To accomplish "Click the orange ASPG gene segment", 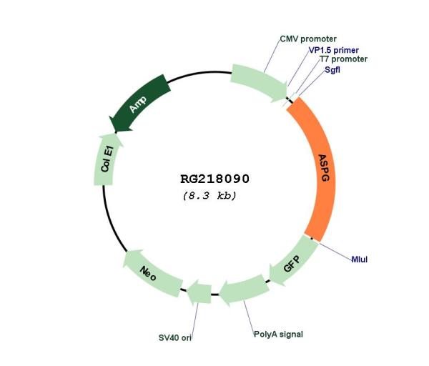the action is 322,167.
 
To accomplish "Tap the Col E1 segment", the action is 107,160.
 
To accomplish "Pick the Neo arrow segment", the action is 151,272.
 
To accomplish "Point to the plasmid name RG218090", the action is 214,179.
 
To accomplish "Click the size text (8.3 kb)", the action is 209,196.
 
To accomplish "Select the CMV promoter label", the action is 308,39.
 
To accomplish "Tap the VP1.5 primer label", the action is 333,50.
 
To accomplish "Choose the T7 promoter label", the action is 343,59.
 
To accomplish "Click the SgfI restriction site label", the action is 332,70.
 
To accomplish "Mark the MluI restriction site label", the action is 359,259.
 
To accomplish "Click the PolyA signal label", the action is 278,335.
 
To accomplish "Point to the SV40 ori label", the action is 175,338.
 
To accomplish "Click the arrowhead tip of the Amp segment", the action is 109,117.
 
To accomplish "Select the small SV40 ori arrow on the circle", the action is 199,292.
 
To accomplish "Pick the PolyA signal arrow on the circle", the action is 245,290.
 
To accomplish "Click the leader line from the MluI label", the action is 335,251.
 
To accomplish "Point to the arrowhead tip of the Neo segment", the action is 123,264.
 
